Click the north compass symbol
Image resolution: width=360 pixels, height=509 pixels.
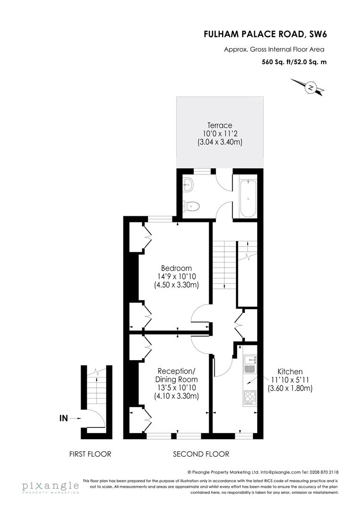311,88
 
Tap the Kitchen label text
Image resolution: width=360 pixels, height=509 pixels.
290,371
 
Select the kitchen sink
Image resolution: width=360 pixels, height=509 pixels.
249,363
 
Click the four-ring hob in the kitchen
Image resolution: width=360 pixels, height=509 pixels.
249,398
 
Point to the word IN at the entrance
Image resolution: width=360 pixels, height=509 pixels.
64,418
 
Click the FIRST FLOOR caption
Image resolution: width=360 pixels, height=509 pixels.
90,454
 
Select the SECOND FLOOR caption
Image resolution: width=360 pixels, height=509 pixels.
201,454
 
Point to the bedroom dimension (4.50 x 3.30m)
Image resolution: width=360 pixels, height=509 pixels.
176,285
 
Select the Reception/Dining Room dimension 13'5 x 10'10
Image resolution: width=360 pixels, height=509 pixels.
177,388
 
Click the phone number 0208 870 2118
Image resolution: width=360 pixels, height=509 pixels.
323,472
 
